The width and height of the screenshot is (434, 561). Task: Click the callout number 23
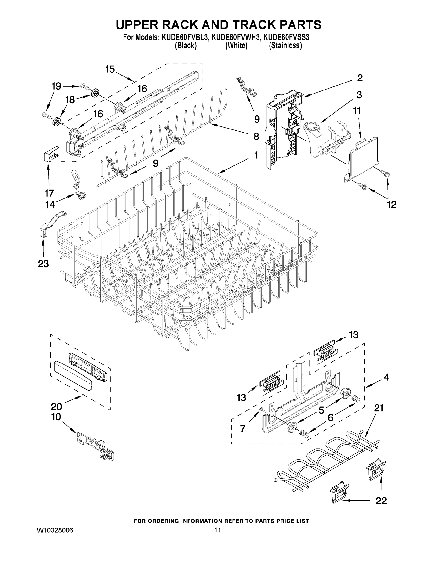(43, 264)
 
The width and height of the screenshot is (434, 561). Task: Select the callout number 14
(50, 205)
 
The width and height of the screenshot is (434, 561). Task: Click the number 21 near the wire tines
(379, 408)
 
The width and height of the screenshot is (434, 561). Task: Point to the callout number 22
(381, 501)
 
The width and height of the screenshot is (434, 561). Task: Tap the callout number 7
(242, 429)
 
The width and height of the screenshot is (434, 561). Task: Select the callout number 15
(110, 69)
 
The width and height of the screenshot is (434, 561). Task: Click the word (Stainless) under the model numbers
(285, 46)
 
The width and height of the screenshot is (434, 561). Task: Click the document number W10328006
(55, 530)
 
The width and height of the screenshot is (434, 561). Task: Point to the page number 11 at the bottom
(218, 530)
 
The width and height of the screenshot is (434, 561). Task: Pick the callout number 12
(392, 205)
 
